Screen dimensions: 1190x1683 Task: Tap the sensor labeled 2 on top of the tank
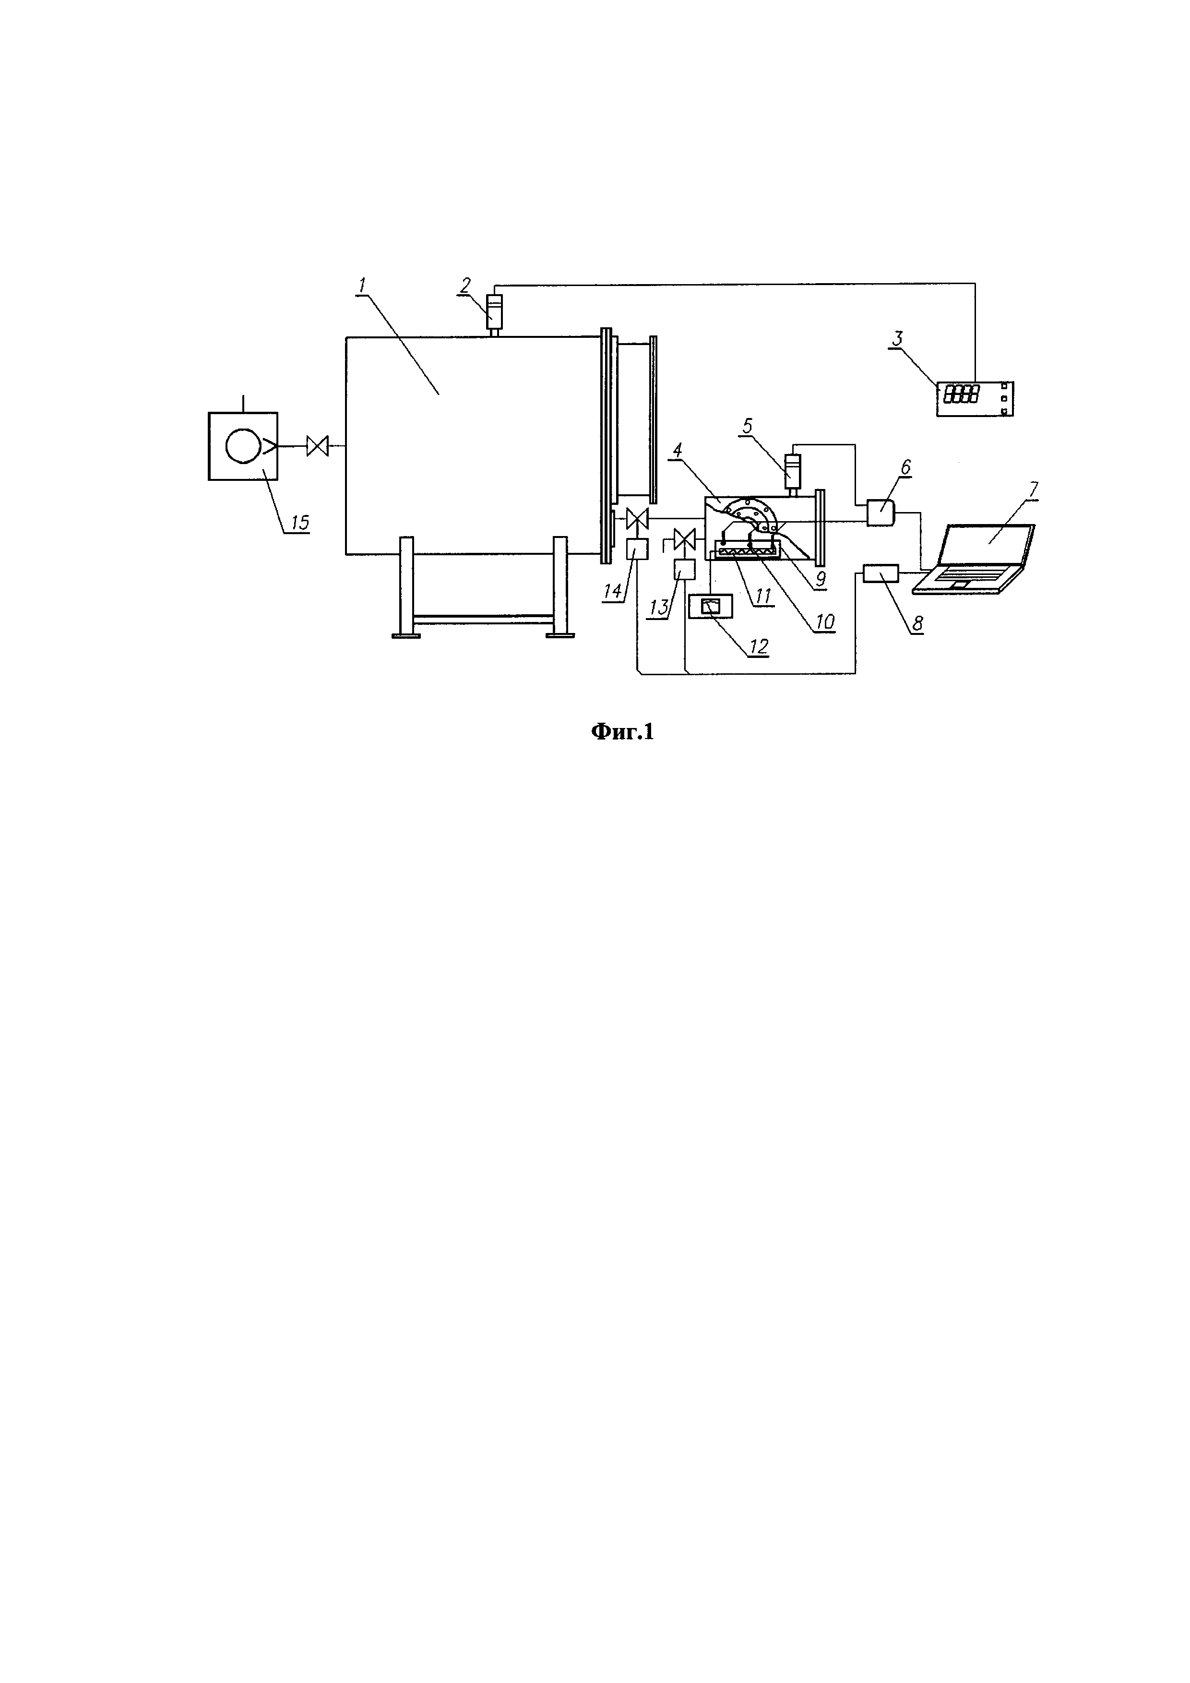(x=495, y=313)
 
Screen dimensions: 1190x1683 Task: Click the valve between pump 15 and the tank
(x=317, y=446)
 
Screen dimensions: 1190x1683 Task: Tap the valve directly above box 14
(x=636, y=519)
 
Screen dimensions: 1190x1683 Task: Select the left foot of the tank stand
(x=407, y=635)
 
